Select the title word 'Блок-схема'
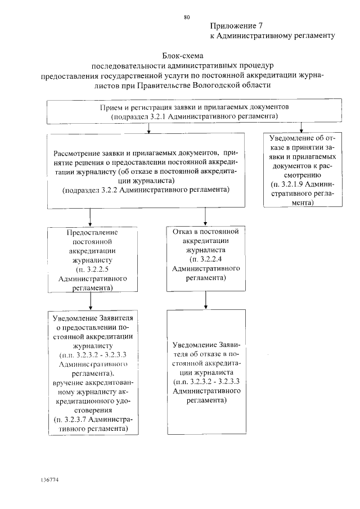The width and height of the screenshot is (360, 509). [182, 56]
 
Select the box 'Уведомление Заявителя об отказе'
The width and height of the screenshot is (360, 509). [205, 371]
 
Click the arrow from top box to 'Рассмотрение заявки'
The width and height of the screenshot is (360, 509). [148, 128]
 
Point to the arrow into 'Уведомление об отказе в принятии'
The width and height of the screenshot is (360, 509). [303, 128]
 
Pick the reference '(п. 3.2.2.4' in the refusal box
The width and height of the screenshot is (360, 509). [205, 259]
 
